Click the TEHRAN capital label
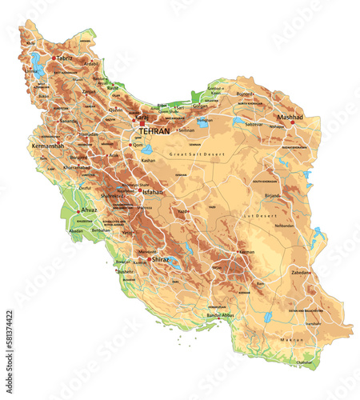point(154,130)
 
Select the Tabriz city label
point(65,58)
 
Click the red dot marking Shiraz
point(150,258)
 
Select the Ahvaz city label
point(88,210)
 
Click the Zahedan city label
point(301,272)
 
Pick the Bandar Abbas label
point(222,315)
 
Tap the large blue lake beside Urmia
point(37,62)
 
